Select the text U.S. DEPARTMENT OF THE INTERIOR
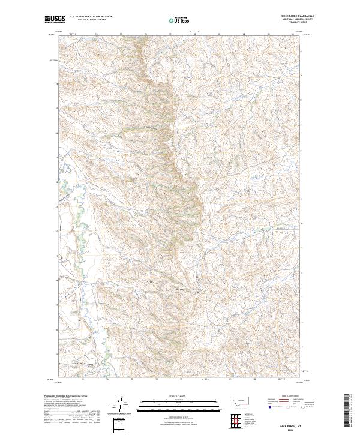click(91, 17)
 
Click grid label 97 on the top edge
click(121, 34)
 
